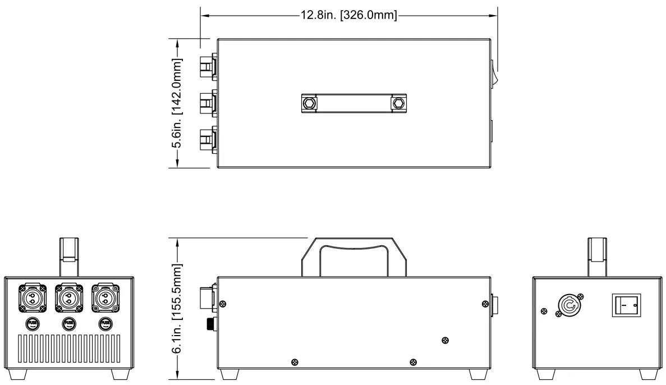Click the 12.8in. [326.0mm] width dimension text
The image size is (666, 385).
click(348, 16)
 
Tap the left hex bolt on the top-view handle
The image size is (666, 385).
click(308, 103)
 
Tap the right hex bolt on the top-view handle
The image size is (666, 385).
click(399, 103)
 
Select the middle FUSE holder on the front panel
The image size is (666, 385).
click(68, 323)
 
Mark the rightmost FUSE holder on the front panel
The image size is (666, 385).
click(105, 323)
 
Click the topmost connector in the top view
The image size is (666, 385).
click(207, 68)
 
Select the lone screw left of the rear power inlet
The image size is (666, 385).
click(544, 311)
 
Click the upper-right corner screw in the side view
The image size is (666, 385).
click(484, 304)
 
